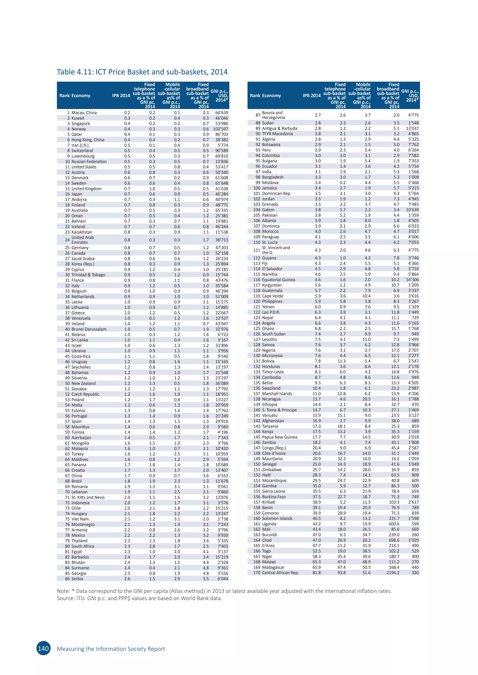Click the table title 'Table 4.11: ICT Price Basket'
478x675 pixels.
[x=142, y=72]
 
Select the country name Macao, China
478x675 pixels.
[x=84, y=113]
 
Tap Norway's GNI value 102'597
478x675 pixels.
[x=221, y=129]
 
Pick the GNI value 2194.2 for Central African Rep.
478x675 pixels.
[x=393, y=573]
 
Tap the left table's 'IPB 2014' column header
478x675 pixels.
[x=121, y=96]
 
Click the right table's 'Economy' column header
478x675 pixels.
[x=271, y=96]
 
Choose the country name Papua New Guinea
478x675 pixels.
[x=279, y=437]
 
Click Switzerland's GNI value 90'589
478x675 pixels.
[x=221, y=151]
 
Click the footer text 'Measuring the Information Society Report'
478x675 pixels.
[x=111, y=649]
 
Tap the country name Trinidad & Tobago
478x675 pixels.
[x=88, y=275]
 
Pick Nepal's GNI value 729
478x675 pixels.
[x=415, y=317]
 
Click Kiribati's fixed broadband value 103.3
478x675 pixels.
[x=394, y=502]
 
